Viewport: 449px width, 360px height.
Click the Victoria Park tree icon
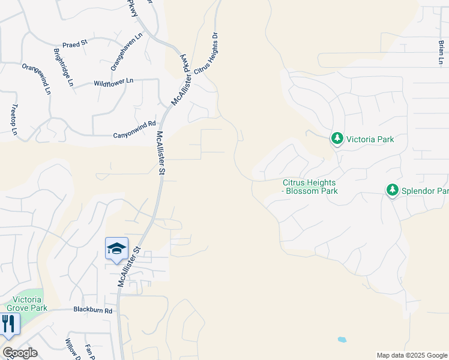(337, 139)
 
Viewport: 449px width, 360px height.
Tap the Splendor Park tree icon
(393, 191)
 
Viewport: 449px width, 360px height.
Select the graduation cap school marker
(116, 248)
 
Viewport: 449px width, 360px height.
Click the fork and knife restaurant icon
(8, 323)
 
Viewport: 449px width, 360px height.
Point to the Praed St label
(75, 43)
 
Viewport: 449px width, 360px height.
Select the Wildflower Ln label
(109, 84)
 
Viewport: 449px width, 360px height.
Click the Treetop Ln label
(14, 119)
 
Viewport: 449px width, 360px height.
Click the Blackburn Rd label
(93, 310)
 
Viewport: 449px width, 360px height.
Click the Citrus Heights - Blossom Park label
(310, 187)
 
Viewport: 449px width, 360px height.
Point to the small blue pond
(342, 339)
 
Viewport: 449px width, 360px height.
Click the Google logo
(20, 353)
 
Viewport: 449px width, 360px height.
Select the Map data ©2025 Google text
(411, 355)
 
